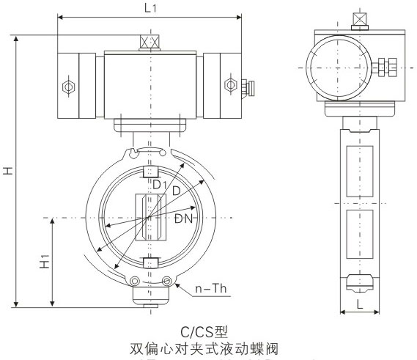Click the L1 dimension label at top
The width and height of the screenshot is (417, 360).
click(150, 8)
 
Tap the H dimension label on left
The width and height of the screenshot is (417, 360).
click(8, 171)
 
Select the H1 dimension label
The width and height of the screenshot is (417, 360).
click(45, 261)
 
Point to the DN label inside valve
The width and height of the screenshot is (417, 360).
click(183, 218)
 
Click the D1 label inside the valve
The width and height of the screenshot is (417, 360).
click(160, 184)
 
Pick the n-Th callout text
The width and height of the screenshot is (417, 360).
click(211, 288)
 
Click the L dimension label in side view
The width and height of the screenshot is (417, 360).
click(360, 304)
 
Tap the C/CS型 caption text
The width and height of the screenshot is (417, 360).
click(204, 331)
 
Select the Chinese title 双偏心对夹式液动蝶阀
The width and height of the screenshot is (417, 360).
click(204, 349)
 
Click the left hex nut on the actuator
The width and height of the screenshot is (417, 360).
click(69, 87)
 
